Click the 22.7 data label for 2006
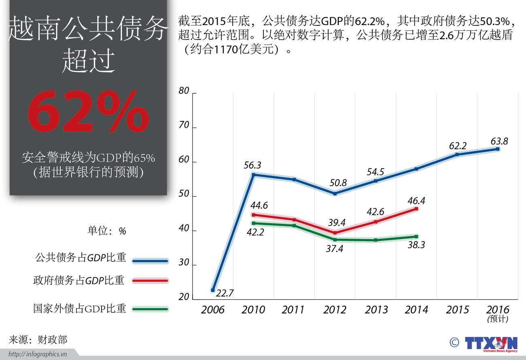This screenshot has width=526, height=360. coord(225,293)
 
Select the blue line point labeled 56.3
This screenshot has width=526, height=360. coord(253,175)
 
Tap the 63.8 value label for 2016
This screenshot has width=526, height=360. coord(499,142)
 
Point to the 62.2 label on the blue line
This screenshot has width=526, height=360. coord(458,146)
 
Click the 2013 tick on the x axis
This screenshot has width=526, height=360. coord(376,310)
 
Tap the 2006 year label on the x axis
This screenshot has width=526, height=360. coord(212,310)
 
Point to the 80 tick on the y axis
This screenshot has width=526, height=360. coord(184,91)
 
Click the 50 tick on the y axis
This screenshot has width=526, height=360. coord(184,194)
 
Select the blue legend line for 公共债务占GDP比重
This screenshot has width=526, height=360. coord(150,261)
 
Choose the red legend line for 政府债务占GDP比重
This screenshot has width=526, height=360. coord(150,280)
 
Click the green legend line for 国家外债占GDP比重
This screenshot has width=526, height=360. coord(150,309)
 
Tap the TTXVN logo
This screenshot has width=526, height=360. coord(490,343)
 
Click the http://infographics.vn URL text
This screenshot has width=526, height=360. coord(38,354)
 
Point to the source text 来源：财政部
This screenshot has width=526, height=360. coord(38,340)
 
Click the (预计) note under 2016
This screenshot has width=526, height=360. coord(498,319)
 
